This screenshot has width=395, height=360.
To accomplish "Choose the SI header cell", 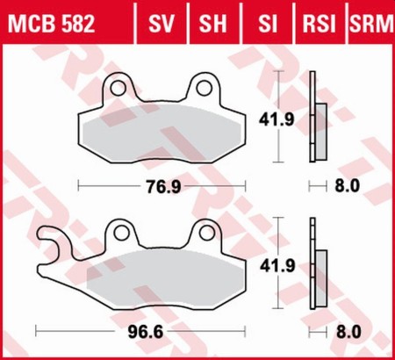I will click(x=263, y=20).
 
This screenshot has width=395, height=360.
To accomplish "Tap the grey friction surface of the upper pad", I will click(x=167, y=132).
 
